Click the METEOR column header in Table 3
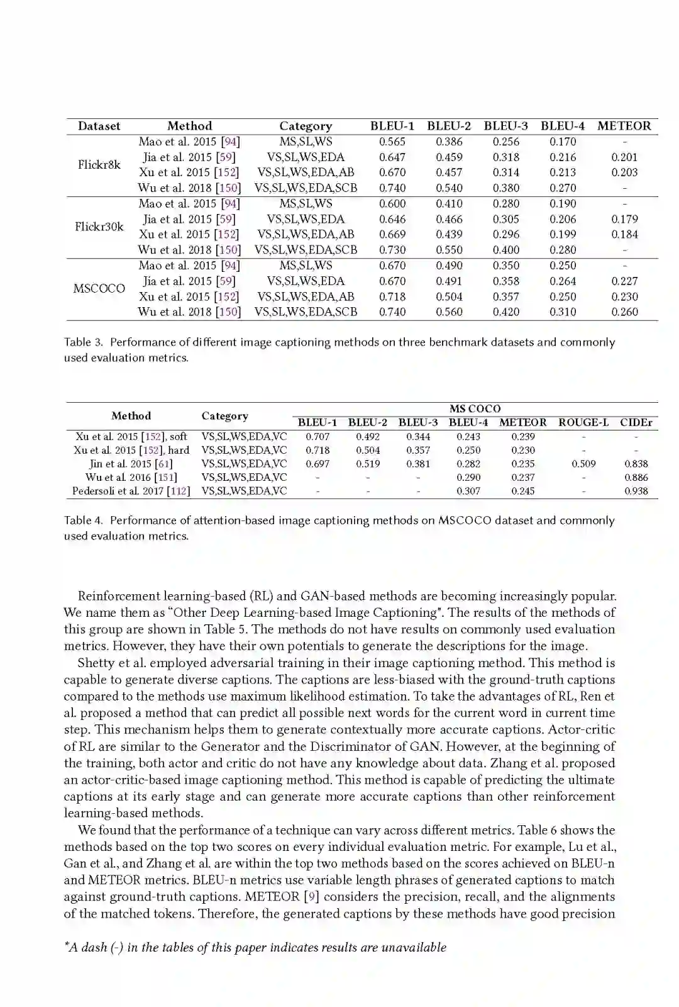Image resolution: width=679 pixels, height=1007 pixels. (x=624, y=126)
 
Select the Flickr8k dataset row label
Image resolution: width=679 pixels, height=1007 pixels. (x=99, y=165)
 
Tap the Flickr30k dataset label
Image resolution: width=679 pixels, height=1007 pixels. (x=99, y=227)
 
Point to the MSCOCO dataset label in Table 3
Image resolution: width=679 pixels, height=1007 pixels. (x=99, y=288)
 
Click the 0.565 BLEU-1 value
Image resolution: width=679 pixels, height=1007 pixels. (x=392, y=142)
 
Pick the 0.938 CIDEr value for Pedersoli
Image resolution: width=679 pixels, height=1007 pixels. (x=636, y=491)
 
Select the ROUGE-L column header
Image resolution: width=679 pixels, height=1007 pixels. (x=583, y=422)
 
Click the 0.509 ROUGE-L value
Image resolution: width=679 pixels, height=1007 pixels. (x=583, y=464)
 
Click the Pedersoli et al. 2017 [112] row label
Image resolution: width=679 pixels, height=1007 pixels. (x=131, y=491)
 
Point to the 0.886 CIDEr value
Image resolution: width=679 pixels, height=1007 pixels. (x=636, y=478)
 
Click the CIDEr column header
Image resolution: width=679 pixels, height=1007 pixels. (x=636, y=422)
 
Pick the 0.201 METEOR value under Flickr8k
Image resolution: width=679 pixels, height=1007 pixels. (x=624, y=157)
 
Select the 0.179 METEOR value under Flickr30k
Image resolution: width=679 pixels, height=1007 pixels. (x=624, y=219)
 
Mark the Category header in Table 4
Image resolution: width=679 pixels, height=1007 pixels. (x=224, y=416)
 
